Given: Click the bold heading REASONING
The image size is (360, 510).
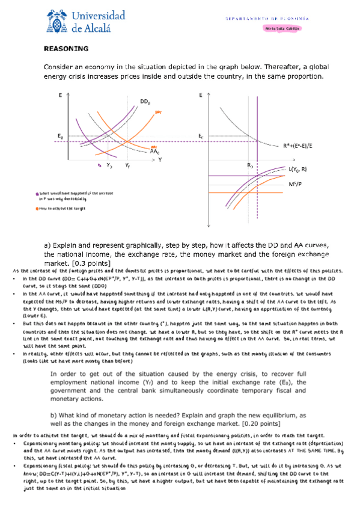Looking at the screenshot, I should pos(67,49).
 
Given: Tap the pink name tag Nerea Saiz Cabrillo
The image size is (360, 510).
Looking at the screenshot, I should pos(282,28).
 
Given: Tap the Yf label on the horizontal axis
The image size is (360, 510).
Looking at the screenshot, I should pos(128,164).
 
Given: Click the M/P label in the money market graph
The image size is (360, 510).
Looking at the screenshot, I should pos(295,183).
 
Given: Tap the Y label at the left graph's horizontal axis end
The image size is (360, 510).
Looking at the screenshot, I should pos(160,159).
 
